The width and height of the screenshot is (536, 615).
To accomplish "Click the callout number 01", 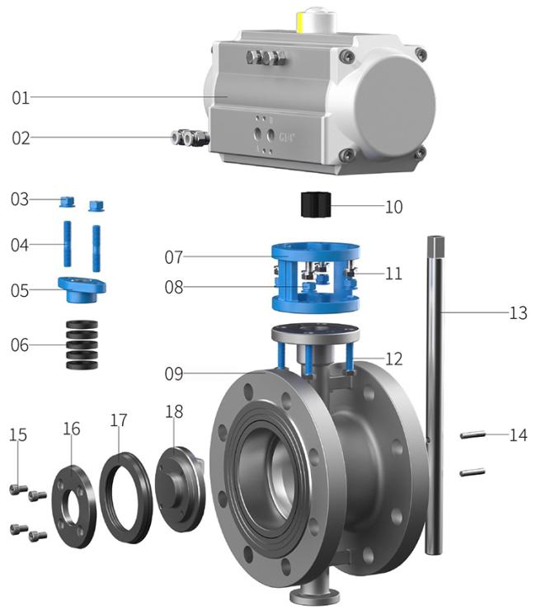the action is coord(21,97).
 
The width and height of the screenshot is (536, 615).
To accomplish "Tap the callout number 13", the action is coord(518,313).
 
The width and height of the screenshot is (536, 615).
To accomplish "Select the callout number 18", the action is coord(174,412).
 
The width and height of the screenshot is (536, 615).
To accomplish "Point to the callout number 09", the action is coord(174,373).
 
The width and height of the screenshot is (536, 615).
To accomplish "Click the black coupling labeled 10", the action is coord(316,204).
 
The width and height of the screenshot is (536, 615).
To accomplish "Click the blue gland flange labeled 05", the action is coord(82,289).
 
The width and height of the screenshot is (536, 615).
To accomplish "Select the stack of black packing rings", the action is coord(82,345).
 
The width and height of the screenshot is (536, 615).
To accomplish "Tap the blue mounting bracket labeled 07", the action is coord(316,278).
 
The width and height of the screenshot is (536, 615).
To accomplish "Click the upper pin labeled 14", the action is coord(473,434).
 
